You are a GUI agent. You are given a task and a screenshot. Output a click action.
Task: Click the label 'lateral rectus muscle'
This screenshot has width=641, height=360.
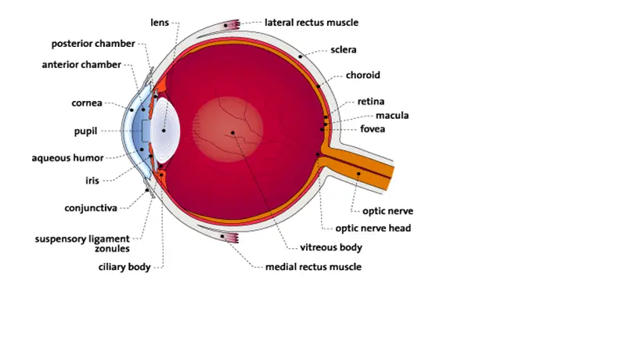311,23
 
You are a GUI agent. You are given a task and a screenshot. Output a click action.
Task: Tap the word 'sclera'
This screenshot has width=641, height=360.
344,50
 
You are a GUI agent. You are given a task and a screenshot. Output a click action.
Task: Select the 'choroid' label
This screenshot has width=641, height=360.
363,75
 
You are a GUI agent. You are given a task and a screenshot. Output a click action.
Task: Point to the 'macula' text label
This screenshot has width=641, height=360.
392,116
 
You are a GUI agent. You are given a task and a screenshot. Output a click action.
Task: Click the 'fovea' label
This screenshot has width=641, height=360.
373,129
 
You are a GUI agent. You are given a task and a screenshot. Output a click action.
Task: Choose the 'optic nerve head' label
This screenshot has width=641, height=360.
373,229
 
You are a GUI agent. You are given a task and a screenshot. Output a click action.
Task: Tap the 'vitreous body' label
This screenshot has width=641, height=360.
331,247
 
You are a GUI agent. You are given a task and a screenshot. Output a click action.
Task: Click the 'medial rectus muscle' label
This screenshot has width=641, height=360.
314,267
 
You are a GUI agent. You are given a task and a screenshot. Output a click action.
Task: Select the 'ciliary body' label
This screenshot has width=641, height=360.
124,267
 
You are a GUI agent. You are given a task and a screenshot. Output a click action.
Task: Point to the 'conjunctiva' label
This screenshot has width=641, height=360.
91,208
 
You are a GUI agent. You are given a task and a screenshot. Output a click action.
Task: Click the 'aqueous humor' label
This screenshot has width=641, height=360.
67,158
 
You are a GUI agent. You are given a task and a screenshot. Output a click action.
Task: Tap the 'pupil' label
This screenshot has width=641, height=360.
85,131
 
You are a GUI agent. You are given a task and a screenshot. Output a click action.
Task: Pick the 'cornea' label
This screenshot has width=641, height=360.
87,103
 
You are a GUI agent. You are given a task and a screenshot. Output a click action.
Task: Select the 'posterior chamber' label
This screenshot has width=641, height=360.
93,44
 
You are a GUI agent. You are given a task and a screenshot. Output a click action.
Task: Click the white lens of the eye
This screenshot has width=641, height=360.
165,131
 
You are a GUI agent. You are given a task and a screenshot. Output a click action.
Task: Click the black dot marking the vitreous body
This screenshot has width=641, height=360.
232,133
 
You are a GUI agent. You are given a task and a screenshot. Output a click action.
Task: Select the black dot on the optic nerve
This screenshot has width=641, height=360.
358,174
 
